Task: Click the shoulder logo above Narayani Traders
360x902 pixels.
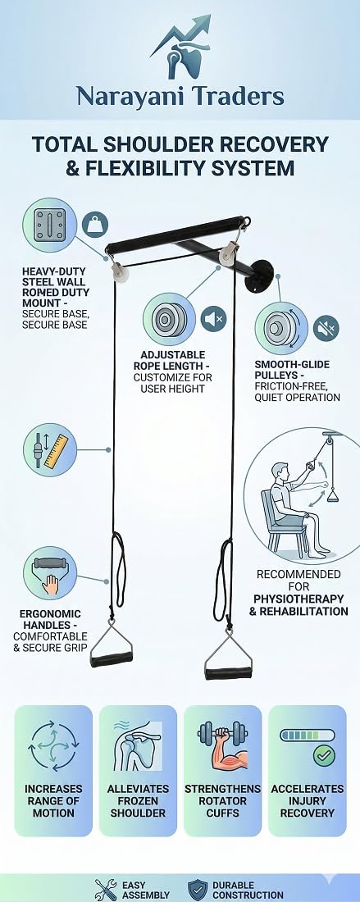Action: pyautogui.click(x=181, y=48)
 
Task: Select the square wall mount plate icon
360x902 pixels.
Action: pyautogui.click(x=49, y=225)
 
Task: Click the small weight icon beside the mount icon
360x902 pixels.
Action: pyautogui.click(x=95, y=225)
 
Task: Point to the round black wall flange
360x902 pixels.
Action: pyautogui.click(x=262, y=276)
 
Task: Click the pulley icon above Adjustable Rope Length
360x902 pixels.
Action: pyautogui.click(x=169, y=319)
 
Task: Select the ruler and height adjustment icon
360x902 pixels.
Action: pyautogui.click(x=50, y=450)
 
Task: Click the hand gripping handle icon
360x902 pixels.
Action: pyautogui.click(x=50, y=573)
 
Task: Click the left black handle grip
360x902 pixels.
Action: pyautogui.click(x=112, y=658)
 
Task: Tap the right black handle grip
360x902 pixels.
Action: pyautogui.click(x=228, y=672)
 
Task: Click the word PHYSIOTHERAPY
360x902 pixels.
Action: pyautogui.click(x=299, y=599)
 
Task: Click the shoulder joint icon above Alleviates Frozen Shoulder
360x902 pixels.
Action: pyautogui.click(x=138, y=746)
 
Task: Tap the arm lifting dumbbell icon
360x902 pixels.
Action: pyautogui.click(x=222, y=746)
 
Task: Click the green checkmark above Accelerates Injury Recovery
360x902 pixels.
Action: pyautogui.click(x=325, y=755)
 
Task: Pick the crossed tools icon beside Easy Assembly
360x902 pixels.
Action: pyautogui.click(x=105, y=890)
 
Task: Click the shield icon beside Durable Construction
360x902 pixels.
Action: pyautogui.click(x=198, y=890)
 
